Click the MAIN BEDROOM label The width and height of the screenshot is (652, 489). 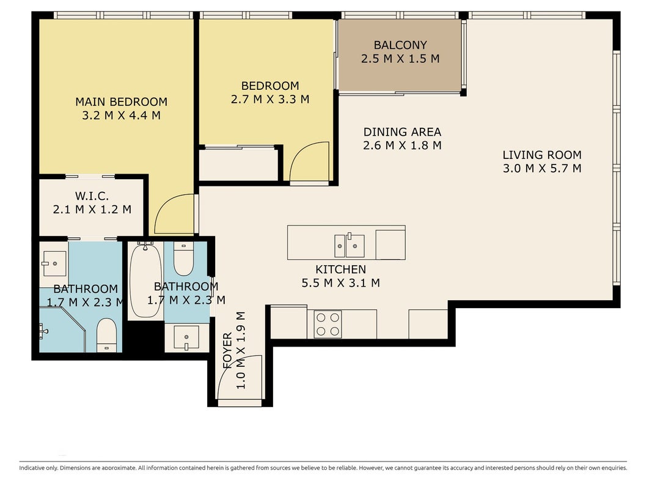pos(122,101)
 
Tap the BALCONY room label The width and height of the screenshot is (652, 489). pos(400,45)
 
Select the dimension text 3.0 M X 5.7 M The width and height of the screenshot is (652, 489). pos(542,169)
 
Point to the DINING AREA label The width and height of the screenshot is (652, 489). pos(402,132)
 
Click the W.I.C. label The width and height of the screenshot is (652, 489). pos(92,196)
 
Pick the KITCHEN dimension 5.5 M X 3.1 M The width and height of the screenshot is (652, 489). pos(340,283)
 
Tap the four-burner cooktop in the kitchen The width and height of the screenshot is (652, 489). pos(328,325)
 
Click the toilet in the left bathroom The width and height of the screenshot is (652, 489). pos(107,335)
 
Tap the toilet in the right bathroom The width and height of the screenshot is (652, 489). pos(183,259)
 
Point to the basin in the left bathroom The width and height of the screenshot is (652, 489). pos(54,263)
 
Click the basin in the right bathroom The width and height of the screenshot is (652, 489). pos(186,337)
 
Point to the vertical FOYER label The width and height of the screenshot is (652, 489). pos(227,350)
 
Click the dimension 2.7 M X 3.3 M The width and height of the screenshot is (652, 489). pos(270,100)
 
